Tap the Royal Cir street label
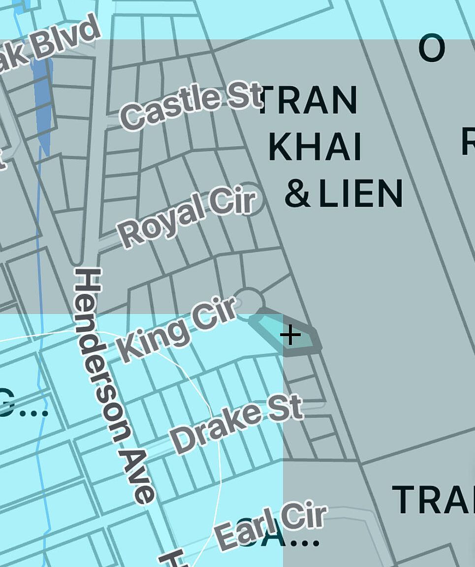pyautogui.click(x=187, y=218)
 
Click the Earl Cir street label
pyautogui.click(x=271, y=527)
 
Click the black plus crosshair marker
pyautogui.click(x=290, y=336)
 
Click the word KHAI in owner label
pyautogui.click(x=316, y=147)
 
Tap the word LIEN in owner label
pyautogui.click(x=361, y=194)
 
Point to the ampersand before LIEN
pyautogui.click(x=298, y=194)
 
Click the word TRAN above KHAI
pyautogui.click(x=308, y=101)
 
